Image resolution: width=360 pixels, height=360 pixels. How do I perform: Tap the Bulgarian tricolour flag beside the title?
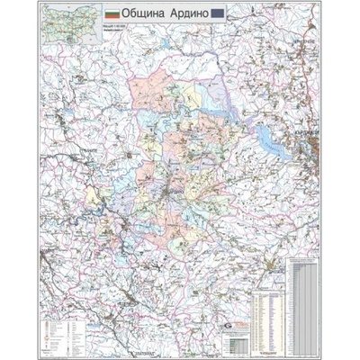(x=112, y=16)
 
